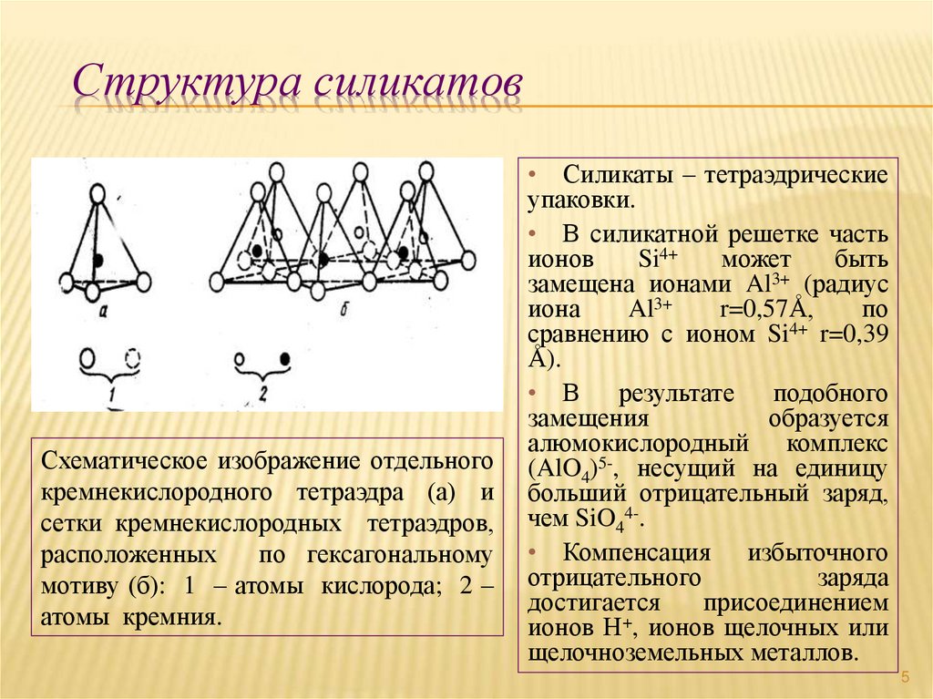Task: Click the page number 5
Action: click(x=906, y=676)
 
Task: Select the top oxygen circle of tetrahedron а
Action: click(x=99, y=195)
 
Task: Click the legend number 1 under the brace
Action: click(x=109, y=393)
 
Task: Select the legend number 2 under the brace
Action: click(x=262, y=393)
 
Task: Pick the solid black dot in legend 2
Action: click(x=285, y=358)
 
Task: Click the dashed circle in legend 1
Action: click(x=134, y=357)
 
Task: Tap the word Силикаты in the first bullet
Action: click(x=611, y=175)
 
